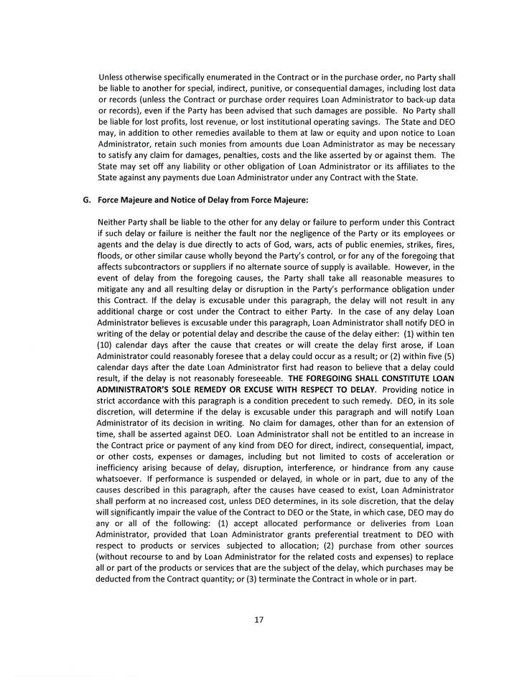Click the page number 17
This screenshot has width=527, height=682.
[x=258, y=620]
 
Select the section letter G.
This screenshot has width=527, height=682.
[x=87, y=200]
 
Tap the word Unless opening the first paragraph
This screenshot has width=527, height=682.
[x=112, y=77]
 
